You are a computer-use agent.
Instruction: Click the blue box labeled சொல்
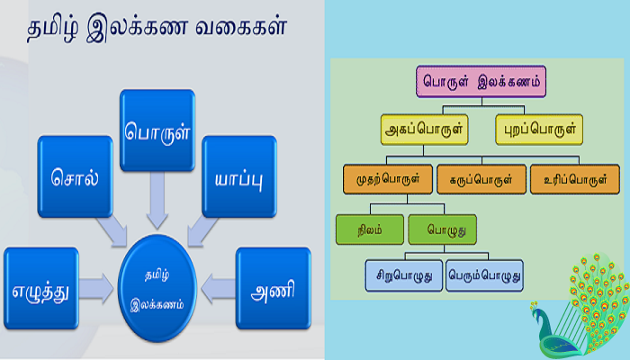75,176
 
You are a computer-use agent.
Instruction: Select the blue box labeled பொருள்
157,130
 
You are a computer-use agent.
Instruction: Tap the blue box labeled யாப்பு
239,176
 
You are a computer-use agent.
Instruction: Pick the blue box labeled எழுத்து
41,289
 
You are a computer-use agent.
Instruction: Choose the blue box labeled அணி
274,289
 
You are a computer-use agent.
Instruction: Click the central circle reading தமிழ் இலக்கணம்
157,289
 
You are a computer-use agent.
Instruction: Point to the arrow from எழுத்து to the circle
96,289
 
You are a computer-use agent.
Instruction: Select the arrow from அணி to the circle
218,289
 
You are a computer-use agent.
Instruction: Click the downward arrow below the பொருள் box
157,201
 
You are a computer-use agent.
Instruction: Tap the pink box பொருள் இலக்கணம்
481,82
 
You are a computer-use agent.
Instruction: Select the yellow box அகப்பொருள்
424,130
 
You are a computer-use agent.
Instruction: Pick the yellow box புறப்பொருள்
539,130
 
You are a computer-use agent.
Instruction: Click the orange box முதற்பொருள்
388,179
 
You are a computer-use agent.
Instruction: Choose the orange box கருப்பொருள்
481,179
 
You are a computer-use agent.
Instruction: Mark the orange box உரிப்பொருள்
575,179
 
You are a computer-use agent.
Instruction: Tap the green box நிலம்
370,229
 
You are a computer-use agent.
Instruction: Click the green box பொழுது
443,229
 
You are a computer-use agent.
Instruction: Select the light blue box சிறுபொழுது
404,275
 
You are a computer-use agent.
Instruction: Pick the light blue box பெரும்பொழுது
484,275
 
